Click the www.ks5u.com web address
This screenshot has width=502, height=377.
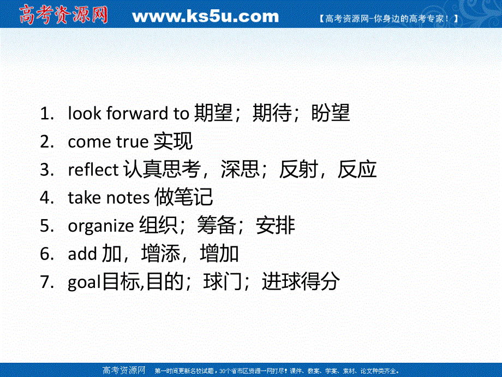coord(205,16)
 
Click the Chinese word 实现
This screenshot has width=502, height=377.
coord(173,142)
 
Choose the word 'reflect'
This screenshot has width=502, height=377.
coord(93,170)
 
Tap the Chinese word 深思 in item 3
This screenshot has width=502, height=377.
coord(240,170)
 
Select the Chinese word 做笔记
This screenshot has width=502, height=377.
coord(184,198)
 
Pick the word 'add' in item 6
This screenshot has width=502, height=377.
coord(83,254)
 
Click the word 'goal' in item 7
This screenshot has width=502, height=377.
coord(85,282)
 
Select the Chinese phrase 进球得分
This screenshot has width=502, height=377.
coord(301,282)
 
